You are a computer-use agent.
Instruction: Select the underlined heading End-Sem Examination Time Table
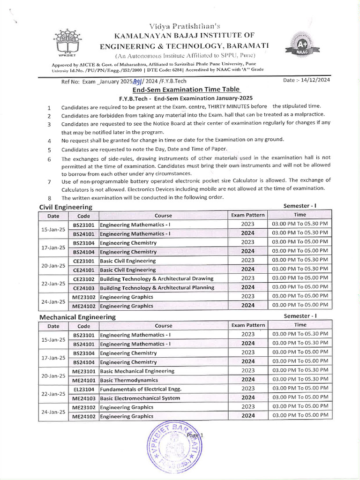[186, 90]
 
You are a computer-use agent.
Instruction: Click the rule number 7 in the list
[49, 182]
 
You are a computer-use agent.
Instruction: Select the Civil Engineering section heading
[66, 207]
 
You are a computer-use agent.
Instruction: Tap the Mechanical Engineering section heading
[77, 317]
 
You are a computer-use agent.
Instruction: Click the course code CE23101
[84, 261]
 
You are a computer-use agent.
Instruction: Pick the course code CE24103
[84, 288]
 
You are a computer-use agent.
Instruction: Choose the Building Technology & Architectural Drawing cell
[157, 278]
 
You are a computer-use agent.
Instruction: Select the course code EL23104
[84, 389]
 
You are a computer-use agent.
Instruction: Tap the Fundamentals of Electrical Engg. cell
[141, 389]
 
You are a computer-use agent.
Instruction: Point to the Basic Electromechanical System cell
[140, 398]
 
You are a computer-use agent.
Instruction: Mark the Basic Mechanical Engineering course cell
[137, 371]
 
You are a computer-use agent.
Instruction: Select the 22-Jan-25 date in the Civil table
[53, 283]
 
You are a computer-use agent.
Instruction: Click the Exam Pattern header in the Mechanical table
[248, 325]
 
